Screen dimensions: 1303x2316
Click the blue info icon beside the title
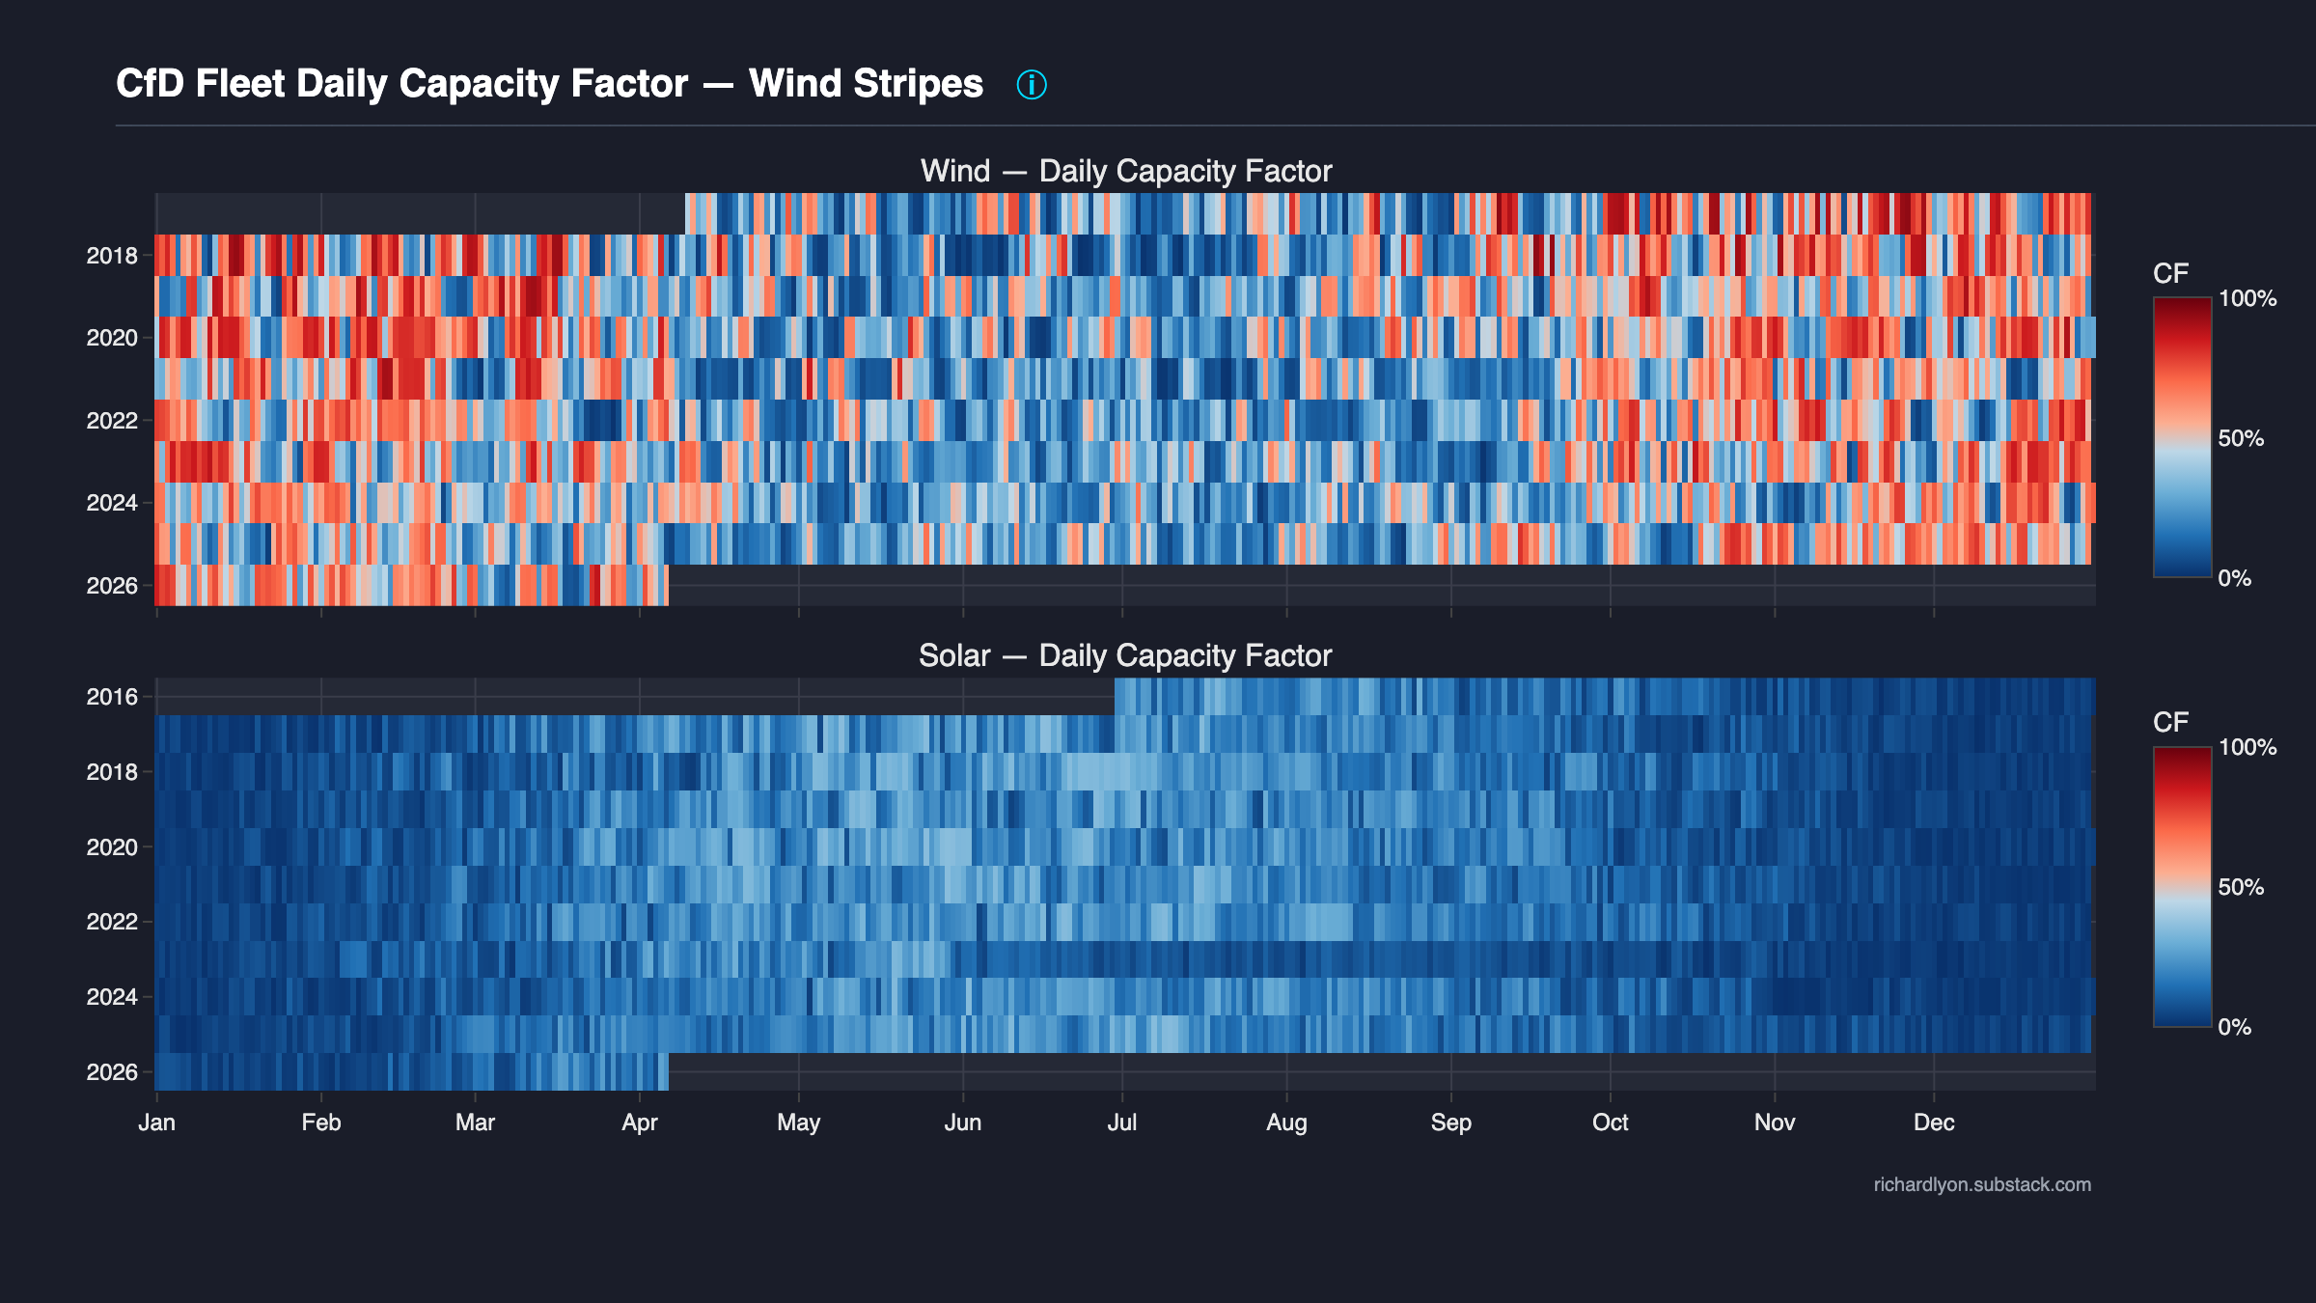(1031, 85)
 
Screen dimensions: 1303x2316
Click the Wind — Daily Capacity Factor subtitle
(1125, 171)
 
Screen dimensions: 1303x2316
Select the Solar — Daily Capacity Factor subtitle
(1124, 655)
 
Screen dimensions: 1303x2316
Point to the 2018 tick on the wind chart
(112, 256)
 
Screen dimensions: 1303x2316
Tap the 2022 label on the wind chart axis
(112, 421)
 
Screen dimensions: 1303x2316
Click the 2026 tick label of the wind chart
(112, 586)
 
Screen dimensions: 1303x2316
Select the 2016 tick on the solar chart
(112, 697)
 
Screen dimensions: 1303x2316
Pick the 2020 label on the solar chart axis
(112, 847)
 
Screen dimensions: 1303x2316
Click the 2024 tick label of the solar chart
(112, 997)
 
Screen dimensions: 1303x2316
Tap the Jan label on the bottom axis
(156, 1123)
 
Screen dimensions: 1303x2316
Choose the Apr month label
(639, 1123)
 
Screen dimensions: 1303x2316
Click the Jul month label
(1121, 1123)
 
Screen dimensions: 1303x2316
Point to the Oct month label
(1610, 1123)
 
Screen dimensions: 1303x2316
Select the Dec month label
(1934, 1123)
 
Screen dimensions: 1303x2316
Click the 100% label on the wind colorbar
(2247, 298)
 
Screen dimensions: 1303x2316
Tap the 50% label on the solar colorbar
(2240, 887)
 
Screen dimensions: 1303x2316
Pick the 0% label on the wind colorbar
(2234, 578)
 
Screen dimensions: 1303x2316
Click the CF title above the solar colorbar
(2170, 722)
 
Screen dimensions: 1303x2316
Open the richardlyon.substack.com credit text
(1982, 1184)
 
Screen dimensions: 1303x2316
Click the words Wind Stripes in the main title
(866, 84)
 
